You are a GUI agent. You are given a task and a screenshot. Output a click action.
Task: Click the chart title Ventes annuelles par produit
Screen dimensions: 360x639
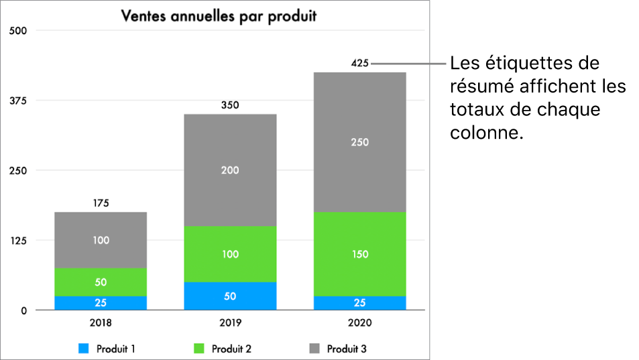pos(219,16)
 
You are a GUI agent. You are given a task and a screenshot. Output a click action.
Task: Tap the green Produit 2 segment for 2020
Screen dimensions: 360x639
pos(359,254)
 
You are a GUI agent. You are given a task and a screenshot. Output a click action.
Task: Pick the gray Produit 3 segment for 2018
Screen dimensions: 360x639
pos(101,240)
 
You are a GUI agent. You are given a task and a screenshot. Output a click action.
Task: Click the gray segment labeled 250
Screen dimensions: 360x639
pos(359,142)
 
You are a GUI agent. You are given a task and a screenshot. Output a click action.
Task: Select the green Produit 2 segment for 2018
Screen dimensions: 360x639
pos(101,282)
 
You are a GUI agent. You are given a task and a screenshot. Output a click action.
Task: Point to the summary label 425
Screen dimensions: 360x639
pos(359,64)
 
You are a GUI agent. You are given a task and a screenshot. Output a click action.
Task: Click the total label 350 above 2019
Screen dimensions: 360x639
pos(230,105)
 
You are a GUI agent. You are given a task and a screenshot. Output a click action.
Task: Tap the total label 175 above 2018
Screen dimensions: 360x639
pos(101,203)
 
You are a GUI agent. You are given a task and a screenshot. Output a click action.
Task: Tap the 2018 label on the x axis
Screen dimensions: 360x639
pos(101,322)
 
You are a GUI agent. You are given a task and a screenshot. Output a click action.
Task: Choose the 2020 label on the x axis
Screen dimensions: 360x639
pos(359,322)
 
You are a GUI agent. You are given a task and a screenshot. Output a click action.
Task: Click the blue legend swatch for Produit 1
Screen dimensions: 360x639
pos(84,349)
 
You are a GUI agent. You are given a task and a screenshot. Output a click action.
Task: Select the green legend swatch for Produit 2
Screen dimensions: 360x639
pos(199,349)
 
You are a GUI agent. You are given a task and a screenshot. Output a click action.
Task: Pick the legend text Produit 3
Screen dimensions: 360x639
pos(347,349)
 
